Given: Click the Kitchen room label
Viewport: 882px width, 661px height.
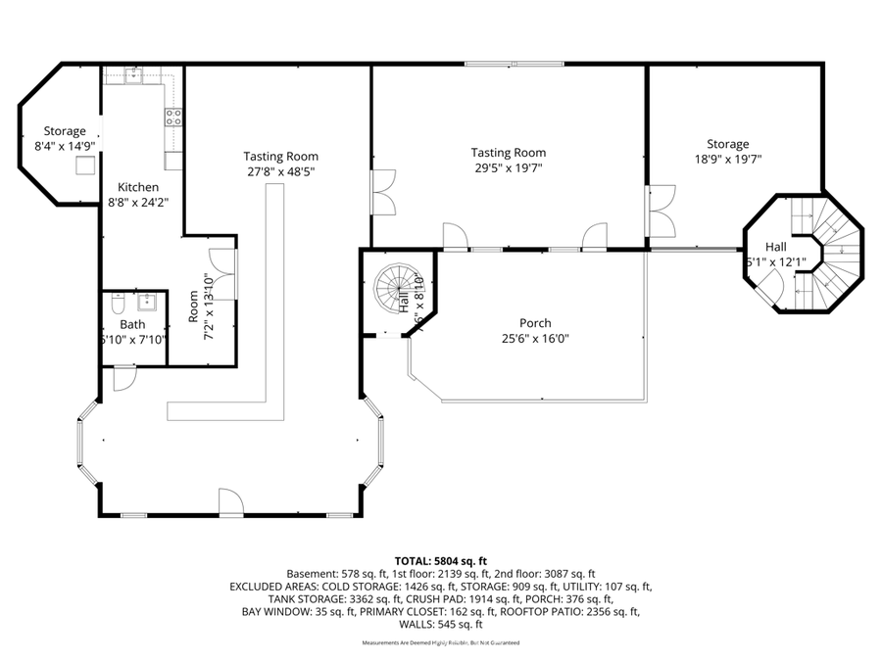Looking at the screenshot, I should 138,187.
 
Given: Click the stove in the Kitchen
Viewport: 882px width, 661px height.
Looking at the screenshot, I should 173,118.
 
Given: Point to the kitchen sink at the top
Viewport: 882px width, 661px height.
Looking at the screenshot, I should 134,74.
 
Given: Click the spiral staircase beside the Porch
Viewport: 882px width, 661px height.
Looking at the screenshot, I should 394,287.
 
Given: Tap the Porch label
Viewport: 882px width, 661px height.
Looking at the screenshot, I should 535,323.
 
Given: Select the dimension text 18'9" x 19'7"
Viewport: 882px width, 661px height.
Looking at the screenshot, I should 728,159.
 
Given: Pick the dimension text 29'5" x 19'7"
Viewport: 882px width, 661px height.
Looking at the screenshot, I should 508,167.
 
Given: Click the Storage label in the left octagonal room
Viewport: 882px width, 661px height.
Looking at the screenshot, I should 65,131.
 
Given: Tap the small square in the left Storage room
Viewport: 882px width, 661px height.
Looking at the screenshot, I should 86,165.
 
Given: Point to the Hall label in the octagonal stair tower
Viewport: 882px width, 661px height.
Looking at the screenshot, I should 777,248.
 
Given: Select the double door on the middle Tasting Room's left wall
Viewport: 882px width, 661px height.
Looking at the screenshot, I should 382,192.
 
